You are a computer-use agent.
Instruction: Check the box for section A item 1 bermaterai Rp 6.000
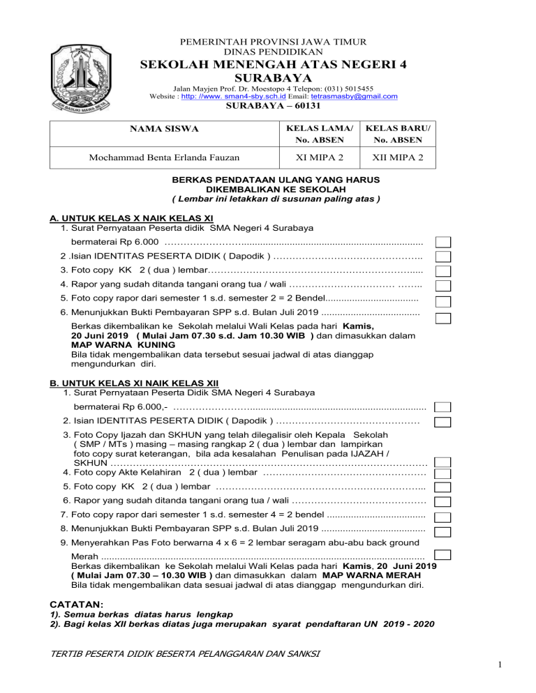(442, 242)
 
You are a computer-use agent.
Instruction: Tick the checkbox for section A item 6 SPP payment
(442, 318)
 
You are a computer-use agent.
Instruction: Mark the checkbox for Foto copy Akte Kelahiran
(442, 473)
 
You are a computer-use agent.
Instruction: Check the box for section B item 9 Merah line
(441, 555)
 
